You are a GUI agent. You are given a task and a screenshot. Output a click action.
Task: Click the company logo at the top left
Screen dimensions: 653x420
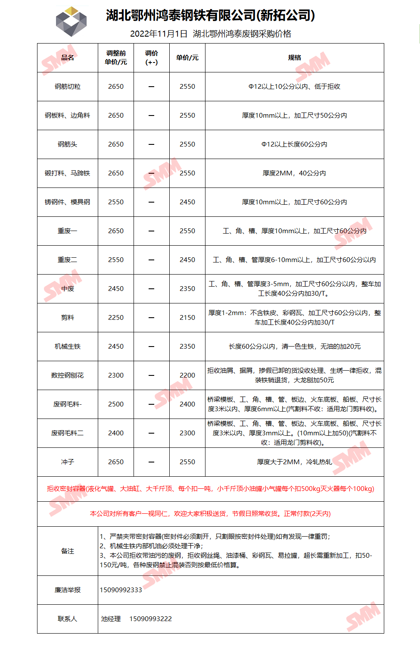72,22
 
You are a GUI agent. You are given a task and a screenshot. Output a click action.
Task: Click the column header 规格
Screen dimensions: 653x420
295,58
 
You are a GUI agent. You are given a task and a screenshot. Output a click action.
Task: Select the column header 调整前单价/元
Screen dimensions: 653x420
116,58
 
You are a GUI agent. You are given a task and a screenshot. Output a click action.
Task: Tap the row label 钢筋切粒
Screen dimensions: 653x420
68,87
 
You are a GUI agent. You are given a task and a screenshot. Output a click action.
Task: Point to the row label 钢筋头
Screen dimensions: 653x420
68,144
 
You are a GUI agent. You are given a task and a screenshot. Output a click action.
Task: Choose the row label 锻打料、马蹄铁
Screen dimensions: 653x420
68,173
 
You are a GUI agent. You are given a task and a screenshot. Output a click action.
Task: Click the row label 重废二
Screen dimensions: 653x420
68,260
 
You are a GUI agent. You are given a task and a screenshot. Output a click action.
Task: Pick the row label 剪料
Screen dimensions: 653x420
68,318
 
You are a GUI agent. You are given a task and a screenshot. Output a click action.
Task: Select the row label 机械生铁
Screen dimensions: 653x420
68,347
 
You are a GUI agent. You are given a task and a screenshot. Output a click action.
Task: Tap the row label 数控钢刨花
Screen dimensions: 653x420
68,375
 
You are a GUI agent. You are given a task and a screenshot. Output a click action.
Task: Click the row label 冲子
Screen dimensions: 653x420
68,462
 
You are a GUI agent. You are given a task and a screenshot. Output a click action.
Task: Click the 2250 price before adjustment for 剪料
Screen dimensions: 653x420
116,318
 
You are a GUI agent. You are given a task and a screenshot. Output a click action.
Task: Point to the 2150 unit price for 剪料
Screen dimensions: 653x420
187,318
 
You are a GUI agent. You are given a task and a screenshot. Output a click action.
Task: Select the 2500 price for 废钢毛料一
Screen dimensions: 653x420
116,404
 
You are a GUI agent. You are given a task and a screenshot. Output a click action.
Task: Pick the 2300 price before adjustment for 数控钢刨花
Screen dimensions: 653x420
116,375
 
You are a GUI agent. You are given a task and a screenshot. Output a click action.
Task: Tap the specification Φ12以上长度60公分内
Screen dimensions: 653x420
295,144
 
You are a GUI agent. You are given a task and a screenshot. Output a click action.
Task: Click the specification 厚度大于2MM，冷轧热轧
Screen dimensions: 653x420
295,462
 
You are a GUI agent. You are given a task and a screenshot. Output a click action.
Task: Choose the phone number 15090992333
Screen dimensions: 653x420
121,590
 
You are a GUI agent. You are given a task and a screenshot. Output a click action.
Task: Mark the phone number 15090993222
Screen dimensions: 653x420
151,619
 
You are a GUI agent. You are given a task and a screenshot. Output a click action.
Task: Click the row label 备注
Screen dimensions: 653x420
68,551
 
